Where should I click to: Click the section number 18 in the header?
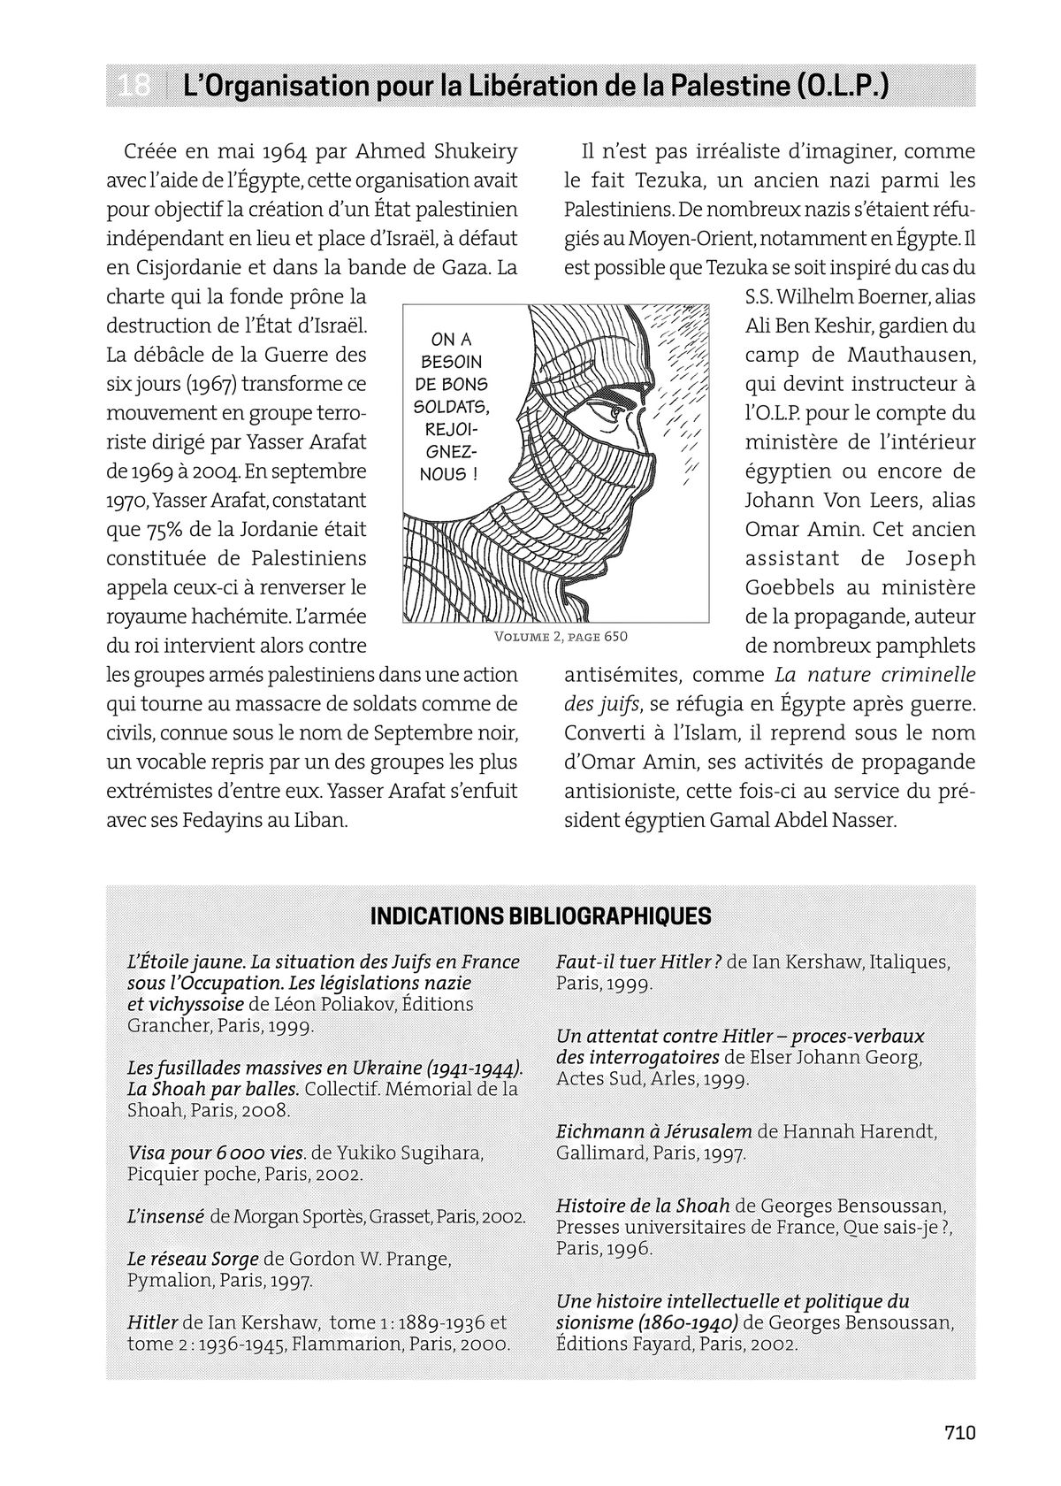coord(134,87)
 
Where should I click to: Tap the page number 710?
coord(959,1432)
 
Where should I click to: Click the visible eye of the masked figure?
coord(609,413)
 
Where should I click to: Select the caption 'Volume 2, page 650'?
coord(561,637)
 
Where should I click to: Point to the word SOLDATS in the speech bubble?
coord(451,407)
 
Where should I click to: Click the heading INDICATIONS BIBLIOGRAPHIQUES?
coord(540,915)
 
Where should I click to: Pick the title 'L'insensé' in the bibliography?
coord(165,1216)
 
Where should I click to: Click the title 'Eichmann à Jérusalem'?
coord(653,1131)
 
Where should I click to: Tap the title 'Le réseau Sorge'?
coord(193,1259)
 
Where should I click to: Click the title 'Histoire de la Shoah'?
coord(643,1206)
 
